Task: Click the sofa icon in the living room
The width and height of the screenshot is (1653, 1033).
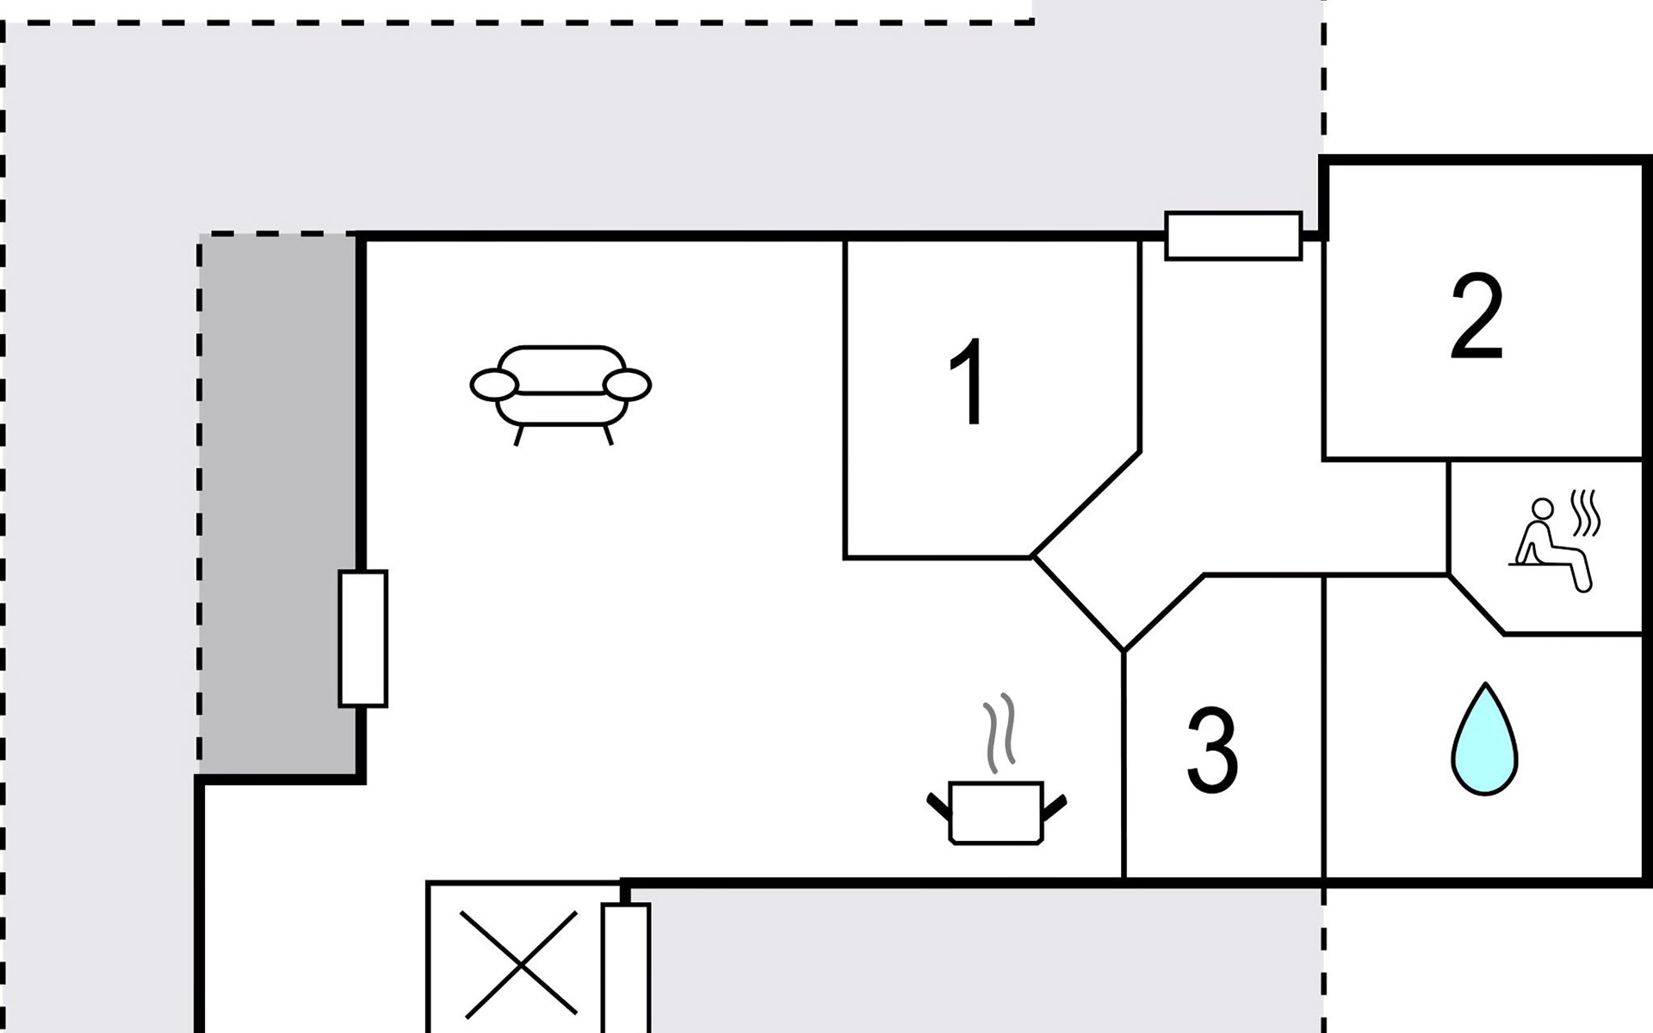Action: click(x=560, y=392)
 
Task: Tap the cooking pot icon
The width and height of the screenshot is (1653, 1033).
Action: click(x=996, y=812)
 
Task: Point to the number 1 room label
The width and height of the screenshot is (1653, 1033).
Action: click(x=970, y=382)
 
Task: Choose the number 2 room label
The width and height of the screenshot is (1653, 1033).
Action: click(x=1476, y=318)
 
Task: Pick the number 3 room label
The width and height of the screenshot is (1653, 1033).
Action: click(x=1212, y=751)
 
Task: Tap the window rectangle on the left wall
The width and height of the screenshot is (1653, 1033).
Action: click(x=362, y=638)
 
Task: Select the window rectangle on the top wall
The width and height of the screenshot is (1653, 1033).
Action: click(x=1233, y=235)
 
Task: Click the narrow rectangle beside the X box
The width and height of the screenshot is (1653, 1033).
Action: click(x=625, y=968)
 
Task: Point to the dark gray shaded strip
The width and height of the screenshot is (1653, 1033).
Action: click(x=278, y=504)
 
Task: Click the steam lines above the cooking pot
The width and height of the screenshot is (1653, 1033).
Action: click(x=1000, y=733)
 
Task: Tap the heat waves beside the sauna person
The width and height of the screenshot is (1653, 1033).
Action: click(x=1586, y=513)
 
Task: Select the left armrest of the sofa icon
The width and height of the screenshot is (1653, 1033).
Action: click(x=494, y=385)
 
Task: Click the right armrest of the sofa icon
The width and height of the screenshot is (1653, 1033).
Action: click(x=627, y=385)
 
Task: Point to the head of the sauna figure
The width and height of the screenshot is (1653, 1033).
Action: click(x=1543, y=509)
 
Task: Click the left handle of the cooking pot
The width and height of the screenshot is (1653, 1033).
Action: click(x=938, y=805)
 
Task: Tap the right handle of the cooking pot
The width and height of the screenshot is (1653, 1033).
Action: click(x=1055, y=806)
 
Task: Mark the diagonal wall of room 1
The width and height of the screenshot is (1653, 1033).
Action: click(x=1087, y=504)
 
